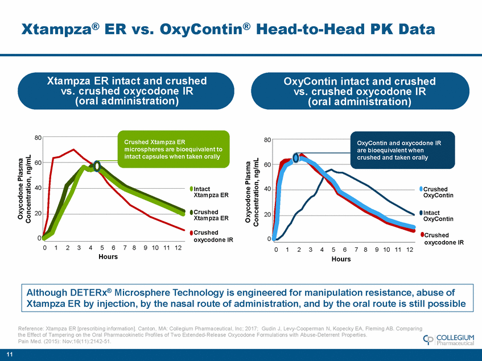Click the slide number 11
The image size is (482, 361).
8,355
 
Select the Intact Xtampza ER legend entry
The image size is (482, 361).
211,192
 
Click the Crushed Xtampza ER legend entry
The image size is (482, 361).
211,215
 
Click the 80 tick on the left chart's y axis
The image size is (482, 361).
37,138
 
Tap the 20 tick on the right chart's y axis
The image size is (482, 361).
267,214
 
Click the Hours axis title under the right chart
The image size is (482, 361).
341,259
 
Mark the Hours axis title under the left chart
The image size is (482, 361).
108,257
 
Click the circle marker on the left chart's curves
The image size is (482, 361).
97,166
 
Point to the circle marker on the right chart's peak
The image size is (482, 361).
296,157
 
